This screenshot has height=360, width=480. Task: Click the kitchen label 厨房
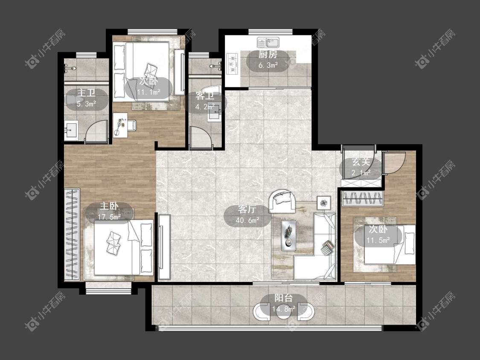[268, 55]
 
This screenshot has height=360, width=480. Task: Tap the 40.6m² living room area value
[247, 220]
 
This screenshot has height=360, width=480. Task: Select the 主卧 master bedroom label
[109, 206]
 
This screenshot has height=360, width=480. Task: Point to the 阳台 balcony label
[283, 298]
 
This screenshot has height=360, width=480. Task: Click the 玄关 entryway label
[361, 162]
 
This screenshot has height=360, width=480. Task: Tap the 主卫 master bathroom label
[86, 93]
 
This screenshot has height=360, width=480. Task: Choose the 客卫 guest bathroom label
[205, 96]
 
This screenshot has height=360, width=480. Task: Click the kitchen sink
[268, 43]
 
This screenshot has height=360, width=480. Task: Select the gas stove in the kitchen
[232, 64]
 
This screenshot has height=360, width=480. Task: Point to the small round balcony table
[284, 314]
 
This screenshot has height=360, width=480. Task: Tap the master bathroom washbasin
[71, 131]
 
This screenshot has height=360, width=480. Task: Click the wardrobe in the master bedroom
[72, 234]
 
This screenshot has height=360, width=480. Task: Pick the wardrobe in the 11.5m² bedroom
[362, 198]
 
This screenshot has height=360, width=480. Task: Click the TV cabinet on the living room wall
[164, 247]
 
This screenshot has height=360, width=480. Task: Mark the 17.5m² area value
[109, 217]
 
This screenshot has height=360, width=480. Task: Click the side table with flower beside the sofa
[324, 203]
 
